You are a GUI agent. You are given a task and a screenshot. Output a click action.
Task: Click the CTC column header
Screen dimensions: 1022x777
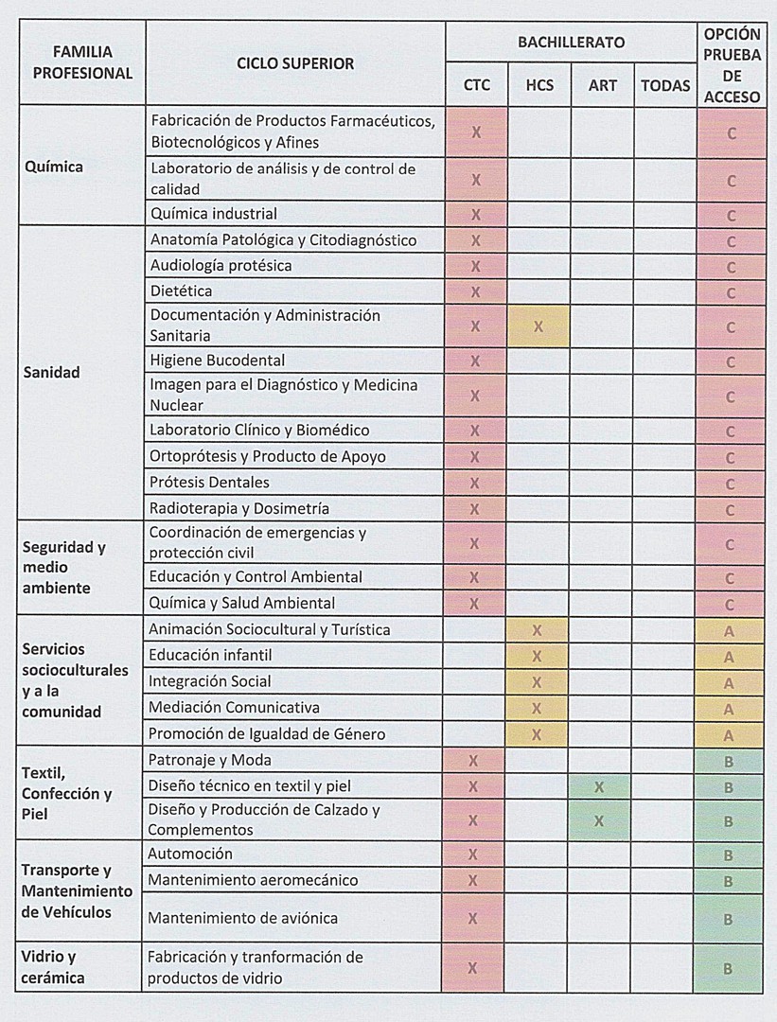pyautogui.click(x=477, y=85)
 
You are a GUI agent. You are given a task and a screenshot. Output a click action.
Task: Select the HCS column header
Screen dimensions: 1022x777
pyautogui.click(x=539, y=85)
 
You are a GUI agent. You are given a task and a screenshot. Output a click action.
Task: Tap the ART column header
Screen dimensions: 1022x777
pyautogui.click(x=603, y=85)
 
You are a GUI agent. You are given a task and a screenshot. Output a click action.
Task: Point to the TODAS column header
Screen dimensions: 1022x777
pyautogui.click(x=665, y=85)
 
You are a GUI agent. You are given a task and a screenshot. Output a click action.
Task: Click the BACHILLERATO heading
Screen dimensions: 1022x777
pyautogui.click(x=571, y=43)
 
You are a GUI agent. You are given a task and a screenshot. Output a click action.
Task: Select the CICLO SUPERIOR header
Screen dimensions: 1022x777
pyautogui.click(x=295, y=63)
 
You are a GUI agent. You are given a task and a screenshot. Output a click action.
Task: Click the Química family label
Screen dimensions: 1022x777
pyautogui.click(x=53, y=167)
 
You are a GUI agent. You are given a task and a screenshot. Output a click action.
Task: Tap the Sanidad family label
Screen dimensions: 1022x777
pyautogui.click(x=51, y=372)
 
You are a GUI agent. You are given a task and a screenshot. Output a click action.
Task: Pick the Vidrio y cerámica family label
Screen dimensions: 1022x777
pyautogui.click(x=55, y=967)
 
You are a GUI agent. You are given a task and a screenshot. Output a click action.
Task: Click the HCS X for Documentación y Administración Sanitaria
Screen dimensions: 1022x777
pyautogui.click(x=539, y=326)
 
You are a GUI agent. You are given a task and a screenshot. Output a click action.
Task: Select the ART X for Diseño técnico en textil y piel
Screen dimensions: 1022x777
pyautogui.click(x=599, y=787)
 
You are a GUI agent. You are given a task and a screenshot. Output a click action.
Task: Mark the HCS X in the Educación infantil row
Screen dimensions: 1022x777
pyautogui.click(x=537, y=656)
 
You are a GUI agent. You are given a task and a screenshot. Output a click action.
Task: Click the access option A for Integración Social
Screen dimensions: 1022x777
pyautogui.click(x=730, y=683)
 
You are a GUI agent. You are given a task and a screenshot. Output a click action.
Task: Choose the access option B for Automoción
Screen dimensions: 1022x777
pyautogui.click(x=729, y=855)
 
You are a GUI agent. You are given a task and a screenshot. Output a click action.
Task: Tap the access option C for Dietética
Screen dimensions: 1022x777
pyautogui.click(x=731, y=293)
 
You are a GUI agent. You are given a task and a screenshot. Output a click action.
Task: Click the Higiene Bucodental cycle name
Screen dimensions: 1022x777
pyautogui.click(x=218, y=361)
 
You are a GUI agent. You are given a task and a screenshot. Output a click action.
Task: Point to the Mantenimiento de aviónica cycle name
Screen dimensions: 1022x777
pyautogui.click(x=242, y=918)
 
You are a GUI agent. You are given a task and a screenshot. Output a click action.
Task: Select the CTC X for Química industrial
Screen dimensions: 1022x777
pyautogui.click(x=476, y=215)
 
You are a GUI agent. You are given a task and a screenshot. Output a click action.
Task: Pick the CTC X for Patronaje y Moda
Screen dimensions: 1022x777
pyautogui.click(x=473, y=761)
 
